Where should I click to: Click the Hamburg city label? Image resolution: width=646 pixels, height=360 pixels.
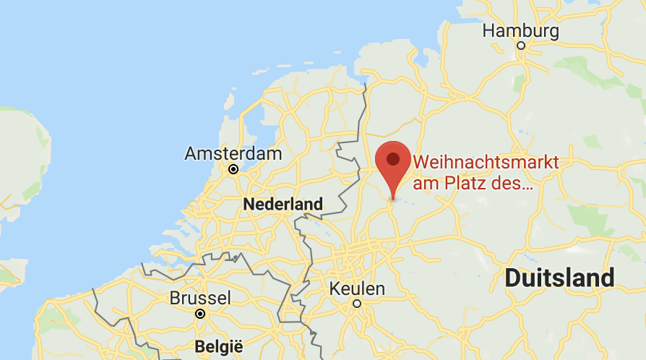pyautogui.click(x=520, y=31)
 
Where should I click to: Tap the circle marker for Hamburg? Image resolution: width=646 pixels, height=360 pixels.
pyautogui.click(x=520, y=46)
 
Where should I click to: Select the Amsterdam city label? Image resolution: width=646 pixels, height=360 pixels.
pyautogui.click(x=233, y=153)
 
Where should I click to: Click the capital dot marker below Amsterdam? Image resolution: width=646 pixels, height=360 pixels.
pyautogui.click(x=233, y=169)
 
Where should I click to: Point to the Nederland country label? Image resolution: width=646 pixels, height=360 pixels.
pyautogui.click(x=283, y=205)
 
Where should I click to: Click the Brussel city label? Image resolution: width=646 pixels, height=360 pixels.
pyautogui.click(x=200, y=298)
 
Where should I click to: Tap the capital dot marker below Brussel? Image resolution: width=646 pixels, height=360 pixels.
pyautogui.click(x=200, y=314)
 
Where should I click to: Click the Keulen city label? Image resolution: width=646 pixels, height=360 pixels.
pyautogui.click(x=357, y=288)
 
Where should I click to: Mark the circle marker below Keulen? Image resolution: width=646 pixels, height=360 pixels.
pyautogui.click(x=356, y=304)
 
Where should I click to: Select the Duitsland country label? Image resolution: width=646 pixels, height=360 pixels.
pyautogui.click(x=560, y=278)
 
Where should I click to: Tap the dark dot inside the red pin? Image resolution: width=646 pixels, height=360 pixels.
pyautogui.click(x=393, y=158)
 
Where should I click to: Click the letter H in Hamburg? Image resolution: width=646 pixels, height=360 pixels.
pyautogui.click(x=488, y=31)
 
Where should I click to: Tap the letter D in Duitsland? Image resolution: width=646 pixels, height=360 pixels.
pyautogui.click(x=512, y=278)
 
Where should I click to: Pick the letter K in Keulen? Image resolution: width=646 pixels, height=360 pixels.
pyautogui.click(x=335, y=288)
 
